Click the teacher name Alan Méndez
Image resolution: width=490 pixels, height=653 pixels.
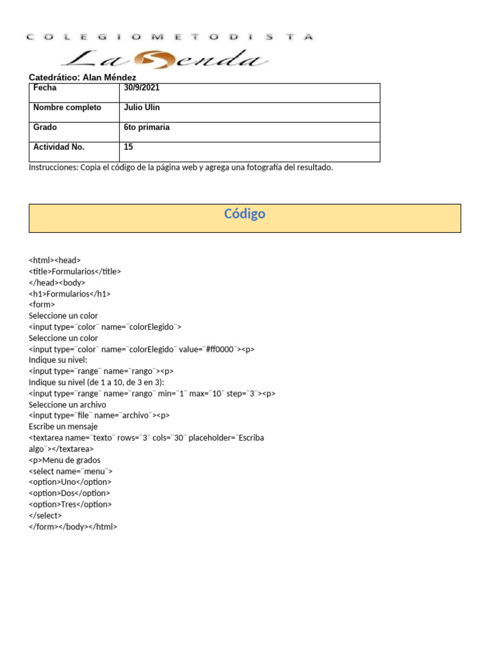[110, 77]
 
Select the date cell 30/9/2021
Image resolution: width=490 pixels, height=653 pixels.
[142, 88]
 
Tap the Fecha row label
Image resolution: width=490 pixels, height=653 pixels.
[45, 88]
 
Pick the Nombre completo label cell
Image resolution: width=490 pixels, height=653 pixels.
[67, 108]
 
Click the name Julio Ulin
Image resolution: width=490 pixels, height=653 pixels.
[142, 108]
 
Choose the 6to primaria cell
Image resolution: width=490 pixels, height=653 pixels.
[147, 128]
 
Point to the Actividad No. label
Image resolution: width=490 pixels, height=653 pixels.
[59, 147]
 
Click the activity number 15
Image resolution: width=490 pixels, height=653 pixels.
[128, 147]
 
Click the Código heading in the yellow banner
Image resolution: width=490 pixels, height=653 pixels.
[244, 214]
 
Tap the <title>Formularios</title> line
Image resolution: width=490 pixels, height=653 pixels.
[75, 271]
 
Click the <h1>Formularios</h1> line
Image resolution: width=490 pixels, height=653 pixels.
[70, 294]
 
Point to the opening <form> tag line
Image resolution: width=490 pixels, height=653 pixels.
[42, 305]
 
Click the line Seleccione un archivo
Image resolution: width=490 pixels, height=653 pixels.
[67, 404]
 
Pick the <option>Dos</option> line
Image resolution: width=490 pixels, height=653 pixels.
[69, 493]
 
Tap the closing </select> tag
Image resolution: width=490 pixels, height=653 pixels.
[45, 515]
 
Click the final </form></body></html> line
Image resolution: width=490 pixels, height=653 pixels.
[73, 527]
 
